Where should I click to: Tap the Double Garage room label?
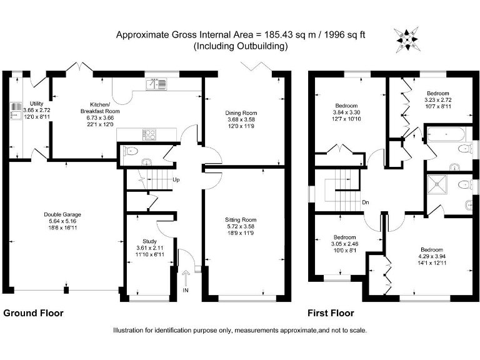62,214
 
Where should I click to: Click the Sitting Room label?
241,220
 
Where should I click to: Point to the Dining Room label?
241,112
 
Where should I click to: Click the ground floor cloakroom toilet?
129,151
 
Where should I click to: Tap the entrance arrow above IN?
186,277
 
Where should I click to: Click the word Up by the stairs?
177,181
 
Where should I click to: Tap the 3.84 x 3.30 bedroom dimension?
346,112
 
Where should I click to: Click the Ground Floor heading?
34,313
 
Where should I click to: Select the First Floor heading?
331,313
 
